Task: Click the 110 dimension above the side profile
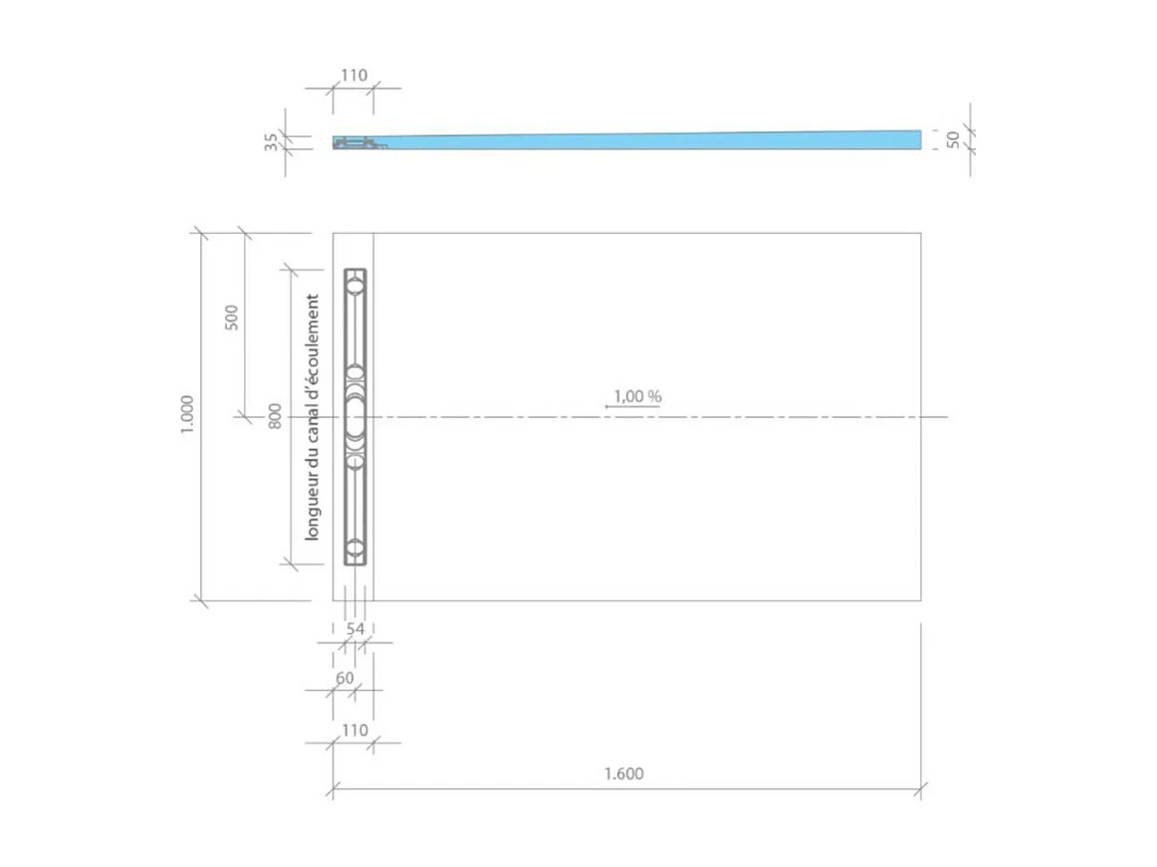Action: pos(353,76)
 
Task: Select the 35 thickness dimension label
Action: pos(271,142)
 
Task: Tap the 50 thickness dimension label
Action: pos(953,139)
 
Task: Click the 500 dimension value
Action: pos(232,318)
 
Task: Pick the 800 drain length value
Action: pos(275,416)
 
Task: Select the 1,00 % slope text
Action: pos(637,396)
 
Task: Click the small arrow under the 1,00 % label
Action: pos(609,407)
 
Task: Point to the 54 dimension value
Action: pos(354,628)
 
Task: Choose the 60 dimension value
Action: pos(345,678)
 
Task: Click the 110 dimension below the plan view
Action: pos(353,731)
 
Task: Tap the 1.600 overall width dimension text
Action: pos(624,774)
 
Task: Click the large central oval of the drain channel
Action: pos(355,416)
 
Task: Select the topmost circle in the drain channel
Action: pos(355,286)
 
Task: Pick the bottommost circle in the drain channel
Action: pos(355,548)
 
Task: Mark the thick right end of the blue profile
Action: pos(911,139)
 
